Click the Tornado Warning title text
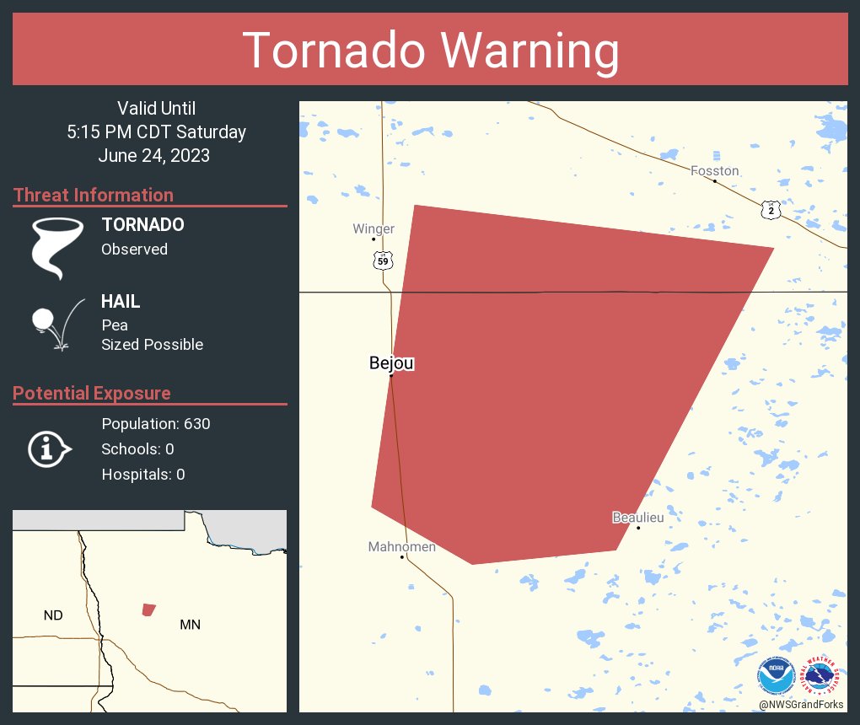(x=430, y=51)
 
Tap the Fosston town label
(x=714, y=171)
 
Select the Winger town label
(x=374, y=229)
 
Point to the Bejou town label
(x=391, y=363)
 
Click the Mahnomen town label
(x=402, y=547)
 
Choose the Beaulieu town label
(x=637, y=518)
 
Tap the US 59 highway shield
(x=383, y=261)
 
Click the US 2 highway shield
(x=771, y=211)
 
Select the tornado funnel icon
(x=57, y=248)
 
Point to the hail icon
(x=56, y=324)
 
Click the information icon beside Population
(x=49, y=448)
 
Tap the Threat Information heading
(x=94, y=196)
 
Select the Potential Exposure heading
(x=92, y=394)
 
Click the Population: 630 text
(x=155, y=423)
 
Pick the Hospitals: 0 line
(x=143, y=475)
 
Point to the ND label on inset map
(x=53, y=615)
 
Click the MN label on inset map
(x=190, y=625)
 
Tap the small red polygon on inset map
(x=148, y=610)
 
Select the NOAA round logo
(x=776, y=677)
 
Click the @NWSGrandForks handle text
(x=800, y=705)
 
